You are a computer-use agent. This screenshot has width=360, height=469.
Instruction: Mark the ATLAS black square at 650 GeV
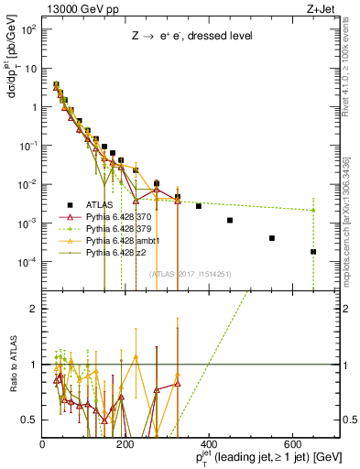[x=313, y=252]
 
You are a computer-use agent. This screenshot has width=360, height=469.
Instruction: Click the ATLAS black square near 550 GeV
[x=272, y=238]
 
